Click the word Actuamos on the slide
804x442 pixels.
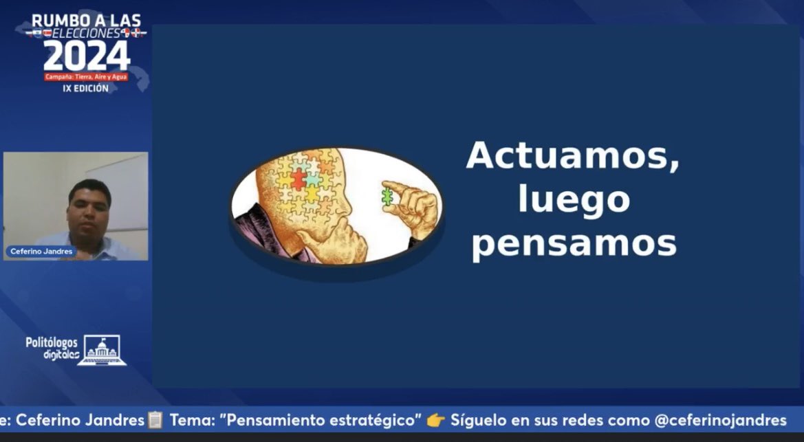point(573,155)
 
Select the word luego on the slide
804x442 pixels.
point(574,200)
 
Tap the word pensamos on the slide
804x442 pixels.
point(574,244)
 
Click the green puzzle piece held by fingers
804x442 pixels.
point(387,197)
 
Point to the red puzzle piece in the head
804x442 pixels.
point(298,180)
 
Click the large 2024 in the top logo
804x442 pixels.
point(87,56)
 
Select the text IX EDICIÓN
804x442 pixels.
point(86,89)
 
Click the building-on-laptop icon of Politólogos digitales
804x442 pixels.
point(102,350)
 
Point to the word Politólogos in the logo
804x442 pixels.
point(52,342)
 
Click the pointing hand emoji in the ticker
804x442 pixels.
point(436,420)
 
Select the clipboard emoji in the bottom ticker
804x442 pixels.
point(155,420)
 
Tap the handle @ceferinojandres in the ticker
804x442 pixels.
point(720,420)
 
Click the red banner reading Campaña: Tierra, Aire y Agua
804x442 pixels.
point(86,77)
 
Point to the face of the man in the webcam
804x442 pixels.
point(89,207)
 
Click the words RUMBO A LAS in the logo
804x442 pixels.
point(86,21)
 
